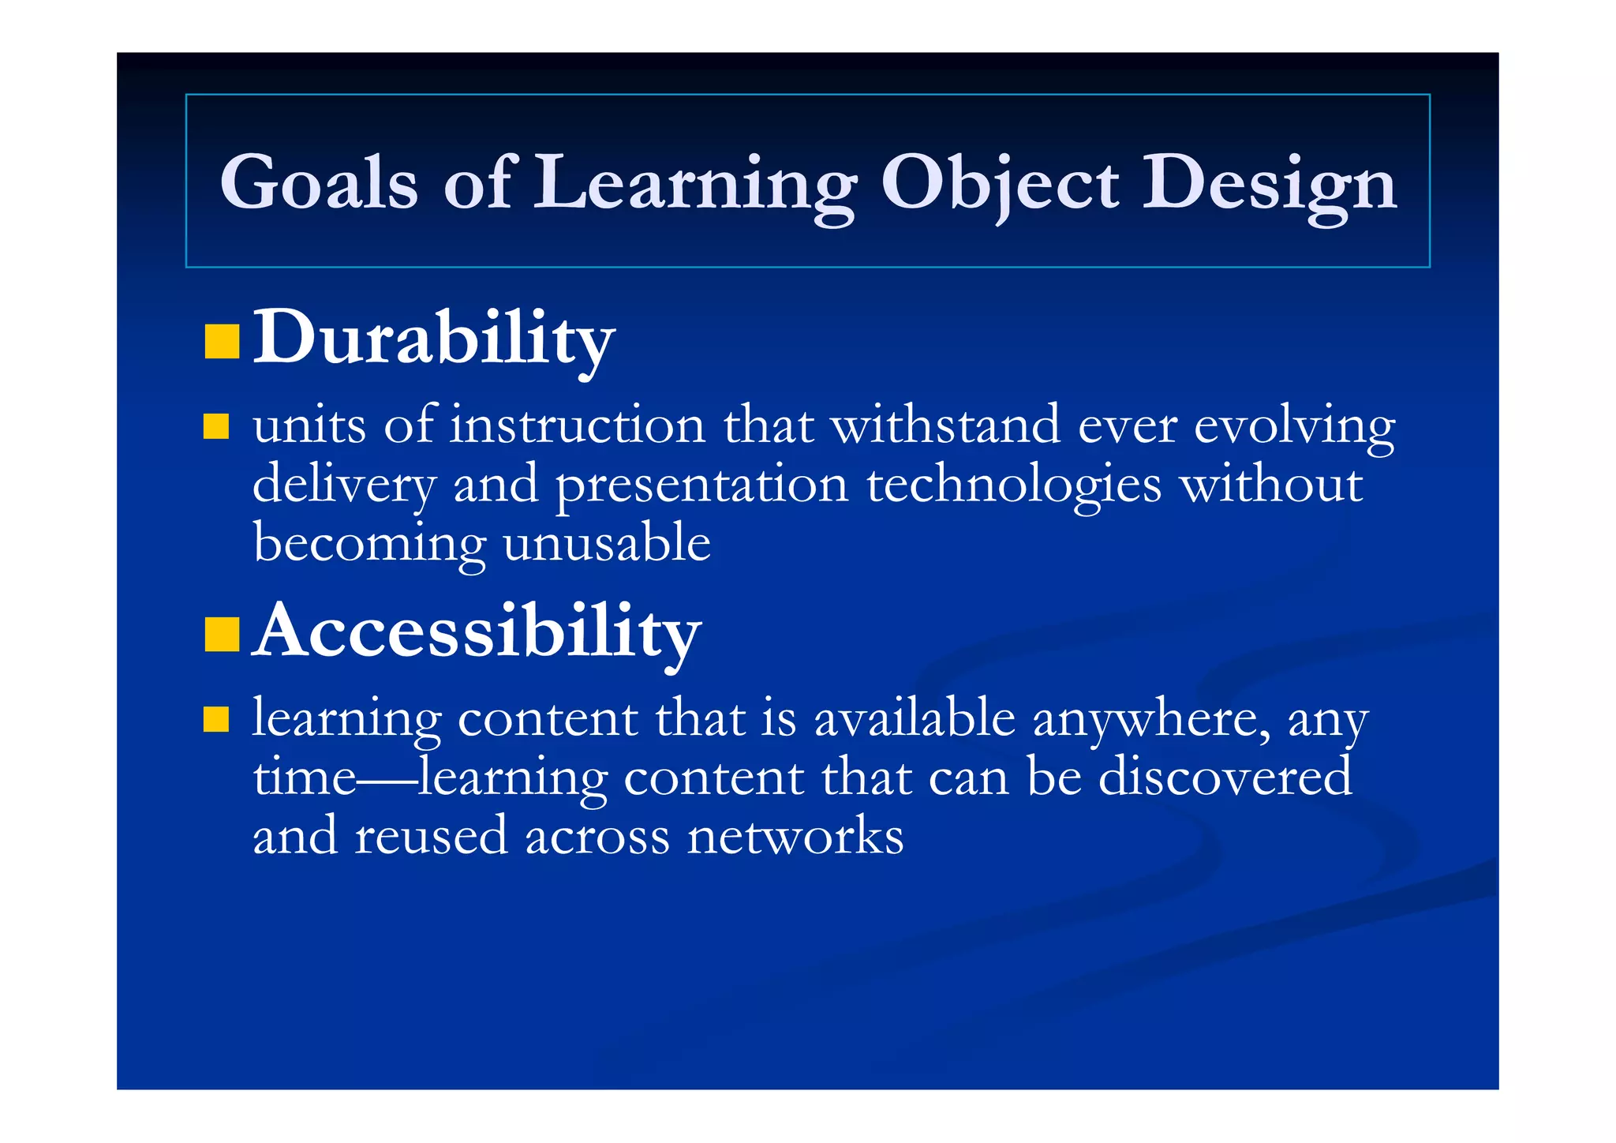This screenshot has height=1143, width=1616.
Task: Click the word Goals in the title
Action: tap(318, 183)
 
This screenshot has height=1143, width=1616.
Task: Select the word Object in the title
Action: tap(999, 183)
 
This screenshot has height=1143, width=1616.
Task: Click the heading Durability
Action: tap(433, 339)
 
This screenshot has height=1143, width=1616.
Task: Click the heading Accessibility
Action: tap(477, 632)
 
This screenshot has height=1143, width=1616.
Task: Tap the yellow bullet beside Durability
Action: tap(221, 341)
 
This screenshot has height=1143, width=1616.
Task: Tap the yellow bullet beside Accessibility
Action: tap(221, 635)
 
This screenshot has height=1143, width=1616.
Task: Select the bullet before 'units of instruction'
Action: tap(215, 426)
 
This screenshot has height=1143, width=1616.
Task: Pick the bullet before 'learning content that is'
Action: tap(215, 719)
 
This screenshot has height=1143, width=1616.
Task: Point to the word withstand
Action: tap(945, 425)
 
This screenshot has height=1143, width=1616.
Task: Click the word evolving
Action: tap(1293, 427)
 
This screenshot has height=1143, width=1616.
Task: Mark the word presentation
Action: tap(701, 485)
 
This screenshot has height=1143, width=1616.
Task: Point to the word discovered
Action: tap(1225, 778)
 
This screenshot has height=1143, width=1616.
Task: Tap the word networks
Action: tap(795, 837)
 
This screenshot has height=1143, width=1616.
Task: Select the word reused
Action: tap(431, 837)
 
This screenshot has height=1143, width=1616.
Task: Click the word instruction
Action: tap(578, 425)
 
